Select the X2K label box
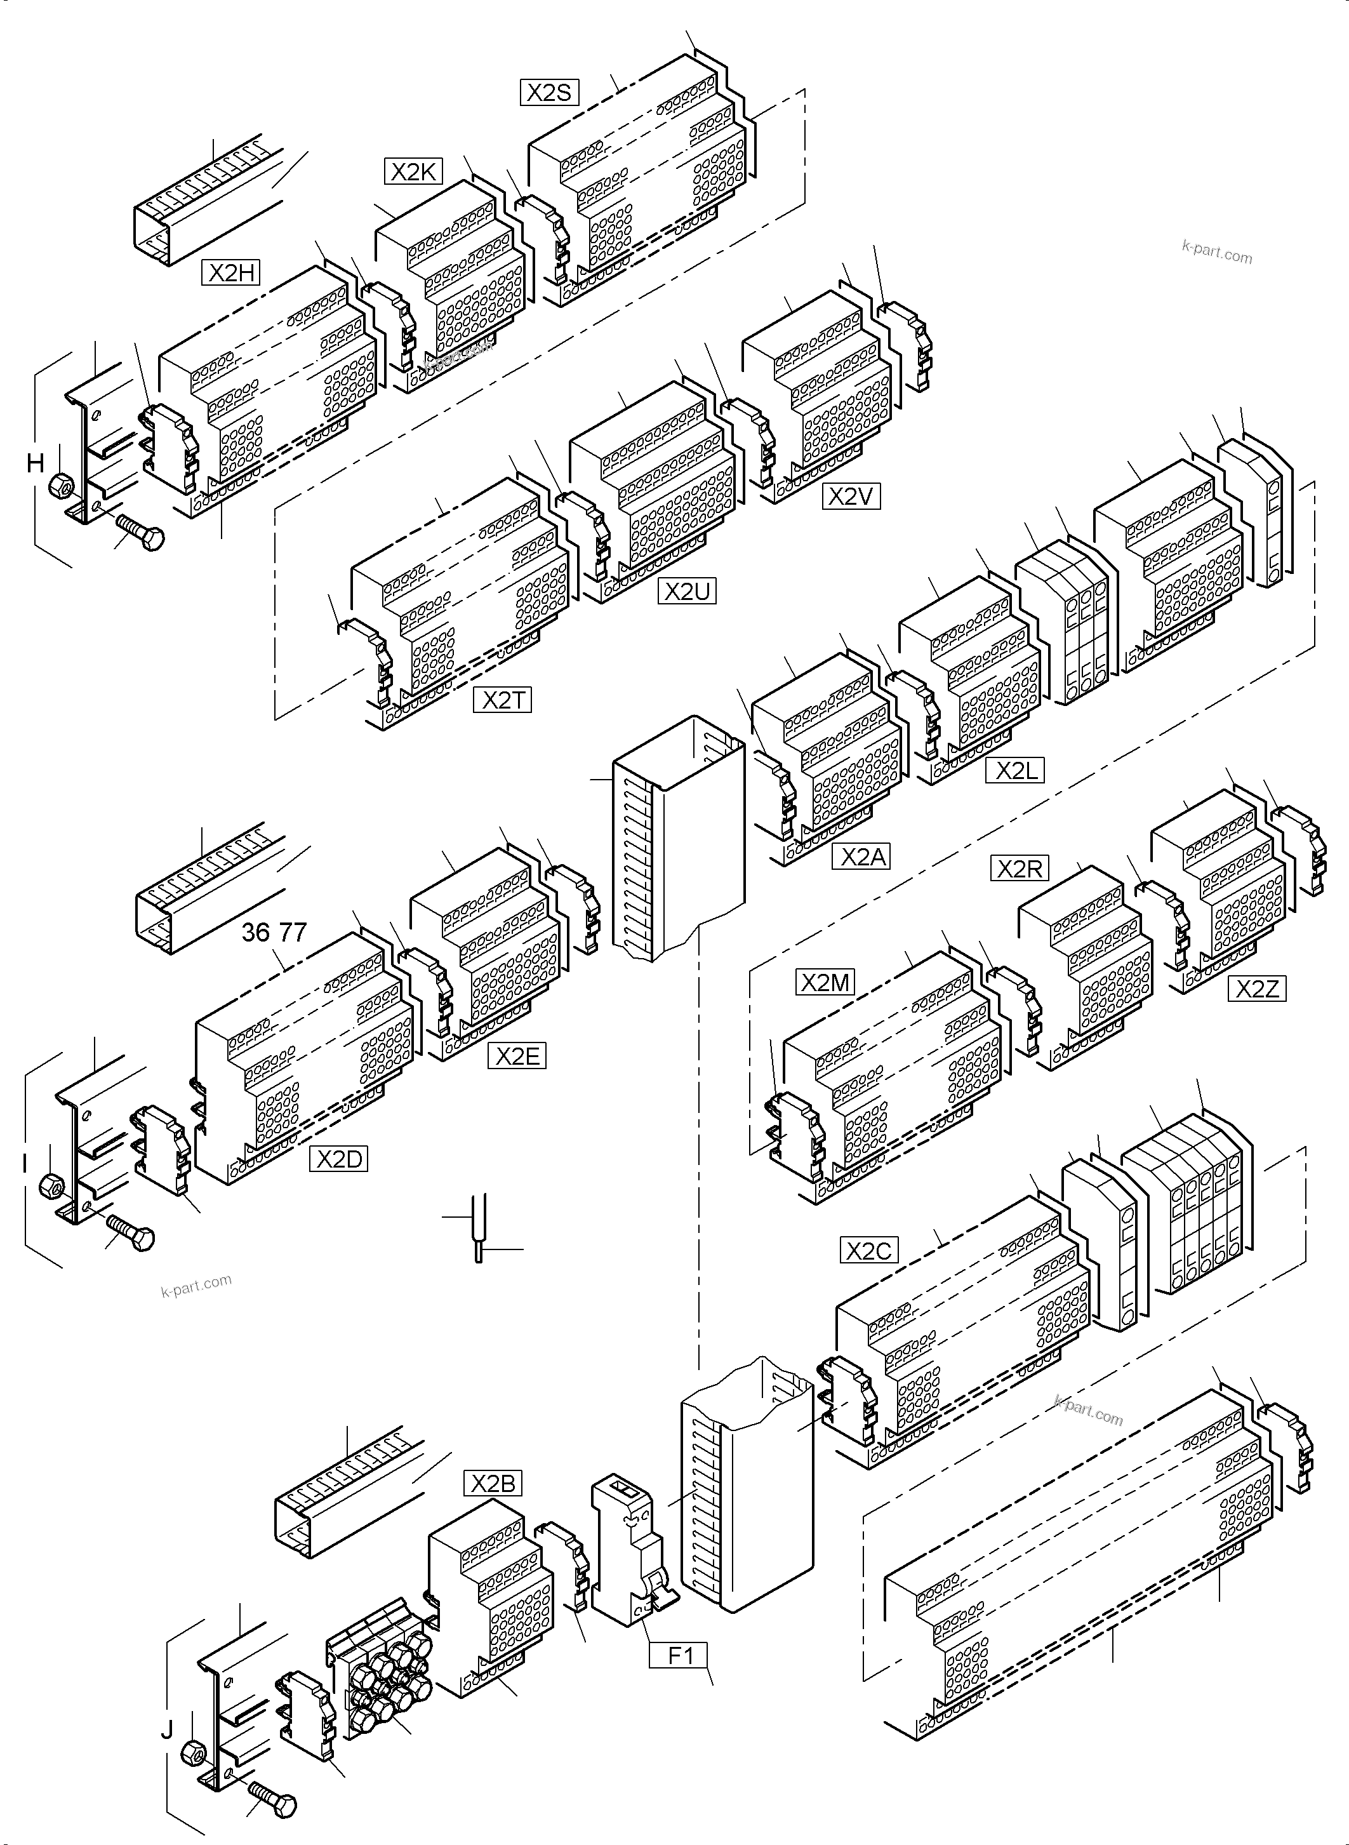point(414,171)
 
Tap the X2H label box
point(231,272)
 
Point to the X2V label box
point(851,496)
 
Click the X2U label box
point(687,591)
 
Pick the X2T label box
point(502,700)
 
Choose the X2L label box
point(1015,770)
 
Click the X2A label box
point(861,856)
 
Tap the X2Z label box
point(1257,989)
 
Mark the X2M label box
point(825,983)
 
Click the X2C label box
point(869,1250)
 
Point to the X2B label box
point(493,1482)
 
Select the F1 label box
point(679,1656)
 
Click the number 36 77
point(274,932)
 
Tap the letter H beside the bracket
point(35,463)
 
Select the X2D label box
point(338,1159)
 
